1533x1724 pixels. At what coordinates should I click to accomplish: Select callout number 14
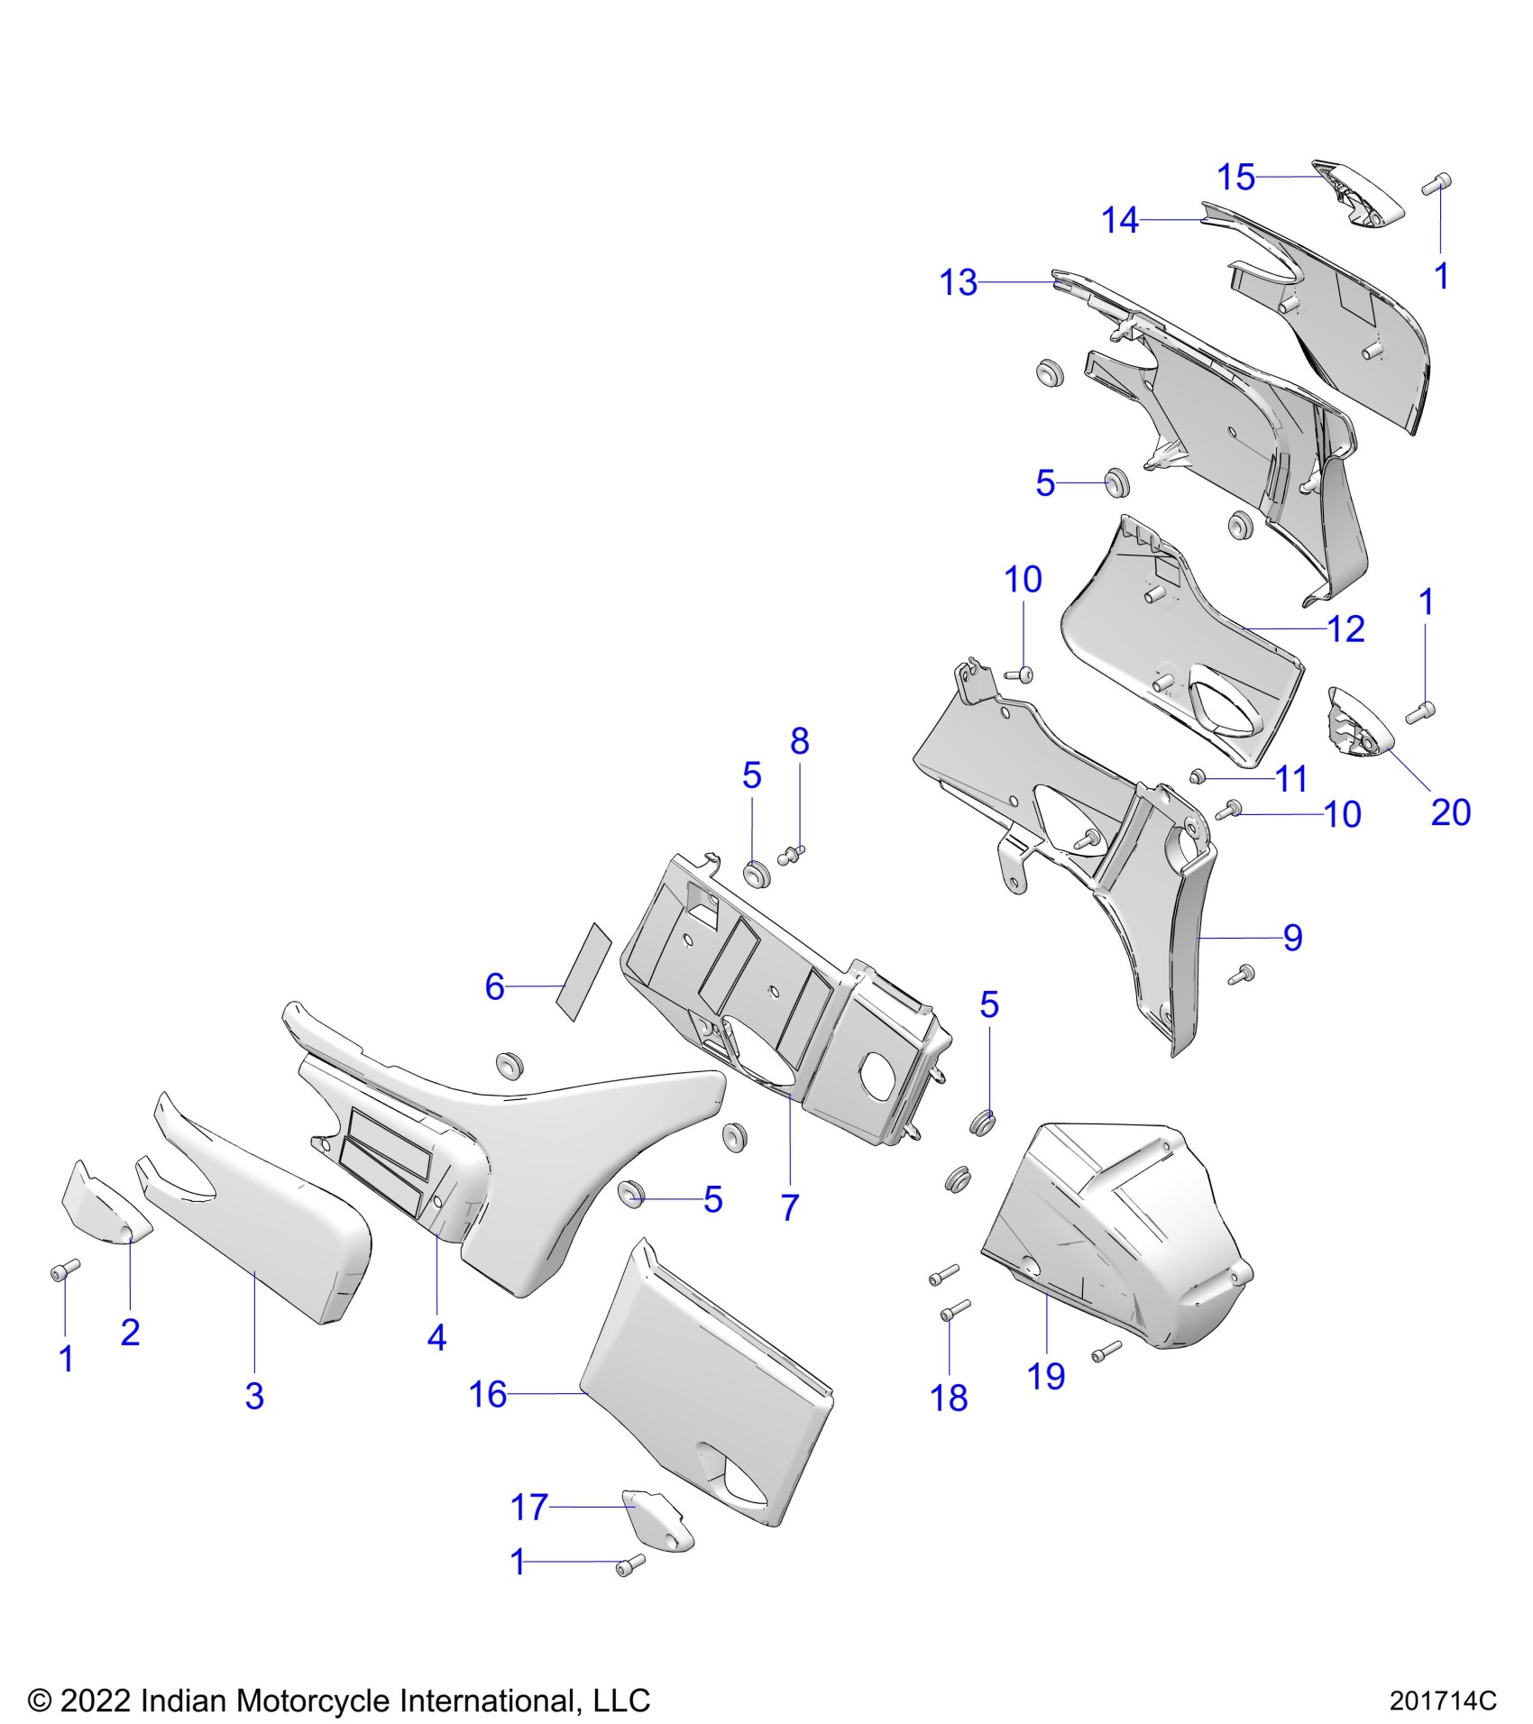click(1120, 220)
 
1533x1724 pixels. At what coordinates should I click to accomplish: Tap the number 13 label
click(958, 283)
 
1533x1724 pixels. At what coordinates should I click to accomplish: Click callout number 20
click(1450, 812)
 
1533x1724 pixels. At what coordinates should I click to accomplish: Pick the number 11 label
click(1291, 778)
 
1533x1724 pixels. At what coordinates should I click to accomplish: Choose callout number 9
click(1292, 938)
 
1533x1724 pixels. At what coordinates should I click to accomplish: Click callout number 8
click(799, 741)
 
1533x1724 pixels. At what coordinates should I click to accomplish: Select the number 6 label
click(494, 986)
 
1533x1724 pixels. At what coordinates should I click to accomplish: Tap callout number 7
click(790, 1207)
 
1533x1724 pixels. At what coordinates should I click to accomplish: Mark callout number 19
click(1046, 1376)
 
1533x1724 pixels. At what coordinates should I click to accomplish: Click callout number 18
click(949, 1398)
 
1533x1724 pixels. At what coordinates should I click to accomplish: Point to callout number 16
click(488, 1394)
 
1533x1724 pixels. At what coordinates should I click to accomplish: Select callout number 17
click(529, 1507)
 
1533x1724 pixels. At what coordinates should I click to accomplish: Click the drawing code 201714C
click(1442, 1701)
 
